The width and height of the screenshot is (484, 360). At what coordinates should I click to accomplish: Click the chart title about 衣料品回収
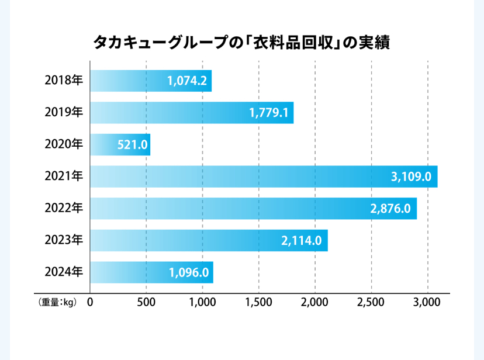(241, 43)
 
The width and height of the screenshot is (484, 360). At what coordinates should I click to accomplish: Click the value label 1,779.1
(269, 113)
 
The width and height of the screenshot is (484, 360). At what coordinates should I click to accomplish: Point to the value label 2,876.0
(390, 209)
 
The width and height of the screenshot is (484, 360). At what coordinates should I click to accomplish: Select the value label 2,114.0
(302, 240)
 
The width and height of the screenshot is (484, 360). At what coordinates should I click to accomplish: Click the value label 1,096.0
(188, 272)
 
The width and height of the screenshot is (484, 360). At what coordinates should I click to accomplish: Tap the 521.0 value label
(132, 144)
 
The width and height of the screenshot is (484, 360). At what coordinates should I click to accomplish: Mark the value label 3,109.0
(412, 176)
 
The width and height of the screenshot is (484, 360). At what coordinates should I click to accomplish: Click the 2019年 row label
(64, 113)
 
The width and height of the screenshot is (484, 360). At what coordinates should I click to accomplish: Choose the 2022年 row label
(64, 208)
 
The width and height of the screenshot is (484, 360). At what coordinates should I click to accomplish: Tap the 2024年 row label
(64, 272)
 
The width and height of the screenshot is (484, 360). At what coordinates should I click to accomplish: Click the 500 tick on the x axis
(146, 302)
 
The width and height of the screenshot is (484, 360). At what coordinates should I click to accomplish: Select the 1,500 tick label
(258, 302)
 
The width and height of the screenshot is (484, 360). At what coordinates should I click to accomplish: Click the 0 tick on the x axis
(91, 302)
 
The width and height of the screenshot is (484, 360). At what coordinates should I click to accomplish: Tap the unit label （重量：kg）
(57, 303)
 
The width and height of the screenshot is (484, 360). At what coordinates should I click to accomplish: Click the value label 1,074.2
(187, 81)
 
